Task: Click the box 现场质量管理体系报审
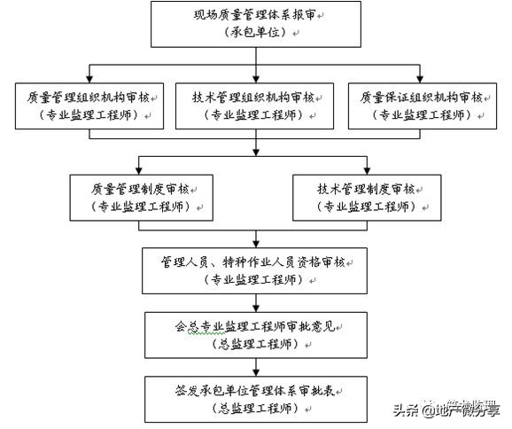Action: point(256,24)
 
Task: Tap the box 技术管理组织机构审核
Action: point(256,106)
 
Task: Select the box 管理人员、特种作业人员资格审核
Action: point(256,269)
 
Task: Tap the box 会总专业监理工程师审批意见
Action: point(256,333)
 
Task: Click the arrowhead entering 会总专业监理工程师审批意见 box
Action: point(256,307)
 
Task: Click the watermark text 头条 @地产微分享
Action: point(446,410)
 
